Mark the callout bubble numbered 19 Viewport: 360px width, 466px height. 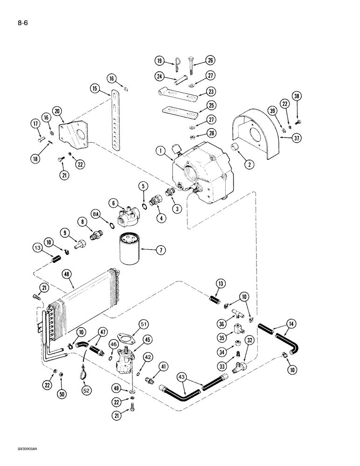pyautogui.click(x=159, y=61)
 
